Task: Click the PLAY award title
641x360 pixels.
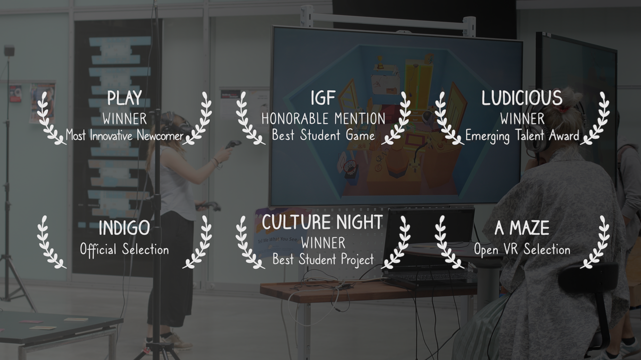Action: (x=125, y=98)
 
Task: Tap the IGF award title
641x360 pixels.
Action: (x=323, y=98)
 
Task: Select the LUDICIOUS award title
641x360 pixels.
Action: (x=522, y=98)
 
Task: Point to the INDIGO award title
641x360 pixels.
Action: (x=125, y=228)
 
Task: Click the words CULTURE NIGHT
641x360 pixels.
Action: (x=323, y=222)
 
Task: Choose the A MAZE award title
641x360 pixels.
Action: (x=522, y=228)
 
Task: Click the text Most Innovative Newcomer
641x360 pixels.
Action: (x=125, y=135)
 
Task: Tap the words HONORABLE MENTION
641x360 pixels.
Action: (x=324, y=119)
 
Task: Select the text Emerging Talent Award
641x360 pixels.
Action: (x=522, y=135)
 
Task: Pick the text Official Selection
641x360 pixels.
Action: (x=125, y=249)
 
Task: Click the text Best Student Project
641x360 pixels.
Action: (x=323, y=259)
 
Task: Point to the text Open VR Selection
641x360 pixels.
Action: (x=522, y=249)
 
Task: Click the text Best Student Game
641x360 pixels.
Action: (x=324, y=135)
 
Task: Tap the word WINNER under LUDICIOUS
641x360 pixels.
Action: (x=522, y=119)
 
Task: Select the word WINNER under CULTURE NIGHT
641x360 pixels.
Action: (x=324, y=243)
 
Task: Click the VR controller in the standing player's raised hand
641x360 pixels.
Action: (x=233, y=144)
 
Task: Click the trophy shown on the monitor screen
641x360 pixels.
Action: (x=380, y=62)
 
